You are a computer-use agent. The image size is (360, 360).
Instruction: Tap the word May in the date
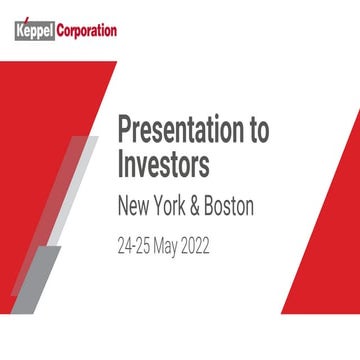(x=181, y=244)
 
